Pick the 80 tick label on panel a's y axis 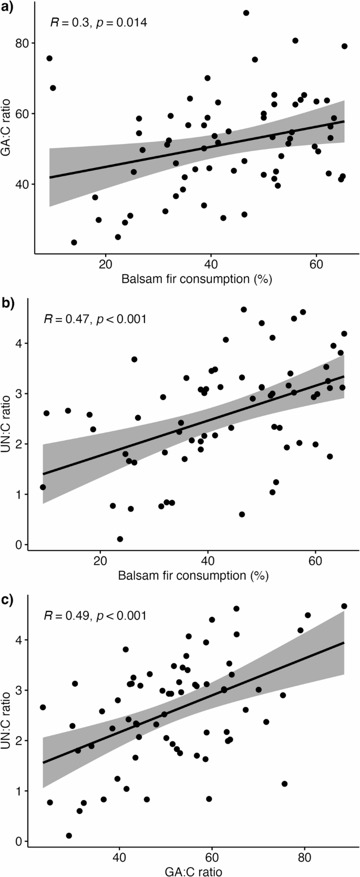tap(22, 43)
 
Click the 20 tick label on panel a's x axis tap(106, 264)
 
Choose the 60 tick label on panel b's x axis tap(315, 561)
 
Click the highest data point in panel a tap(246, 13)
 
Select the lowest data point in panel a tap(74, 242)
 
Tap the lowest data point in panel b tap(120, 539)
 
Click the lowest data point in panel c tap(69, 835)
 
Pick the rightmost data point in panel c tap(344, 606)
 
